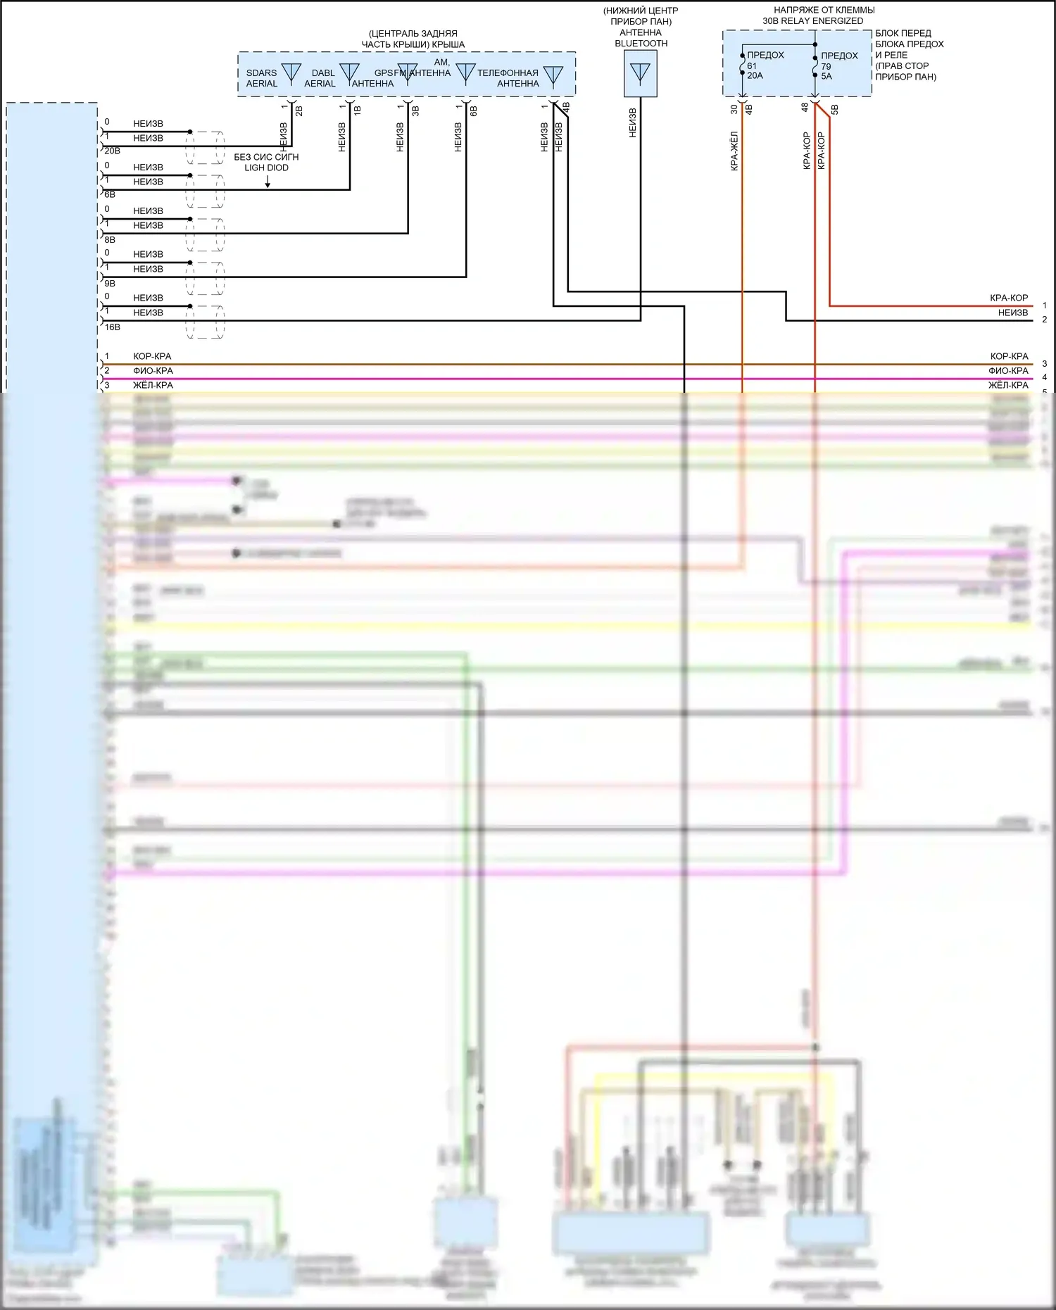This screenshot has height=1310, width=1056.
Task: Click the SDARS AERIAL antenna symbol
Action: [x=291, y=73]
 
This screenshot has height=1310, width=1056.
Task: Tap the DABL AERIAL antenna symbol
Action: [x=349, y=73]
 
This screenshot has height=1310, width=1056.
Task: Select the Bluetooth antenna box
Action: [x=640, y=74]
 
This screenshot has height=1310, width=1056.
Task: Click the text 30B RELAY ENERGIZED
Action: [x=812, y=21]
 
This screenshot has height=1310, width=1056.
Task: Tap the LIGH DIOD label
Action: [x=266, y=168]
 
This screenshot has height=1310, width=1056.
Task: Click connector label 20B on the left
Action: [x=112, y=151]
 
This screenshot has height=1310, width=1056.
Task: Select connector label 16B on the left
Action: [x=112, y=327]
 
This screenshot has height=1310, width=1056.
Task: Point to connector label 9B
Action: [x=110, y=284]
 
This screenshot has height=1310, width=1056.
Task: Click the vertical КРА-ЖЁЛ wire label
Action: [x=734, y=151]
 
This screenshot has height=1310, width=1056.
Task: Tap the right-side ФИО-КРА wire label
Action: [x=1008, y=371]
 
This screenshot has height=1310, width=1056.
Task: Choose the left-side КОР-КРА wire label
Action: [x=152, y=356]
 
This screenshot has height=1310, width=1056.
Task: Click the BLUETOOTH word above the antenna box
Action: [x=641, y=44]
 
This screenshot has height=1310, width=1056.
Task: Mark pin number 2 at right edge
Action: [x=1045, y=320]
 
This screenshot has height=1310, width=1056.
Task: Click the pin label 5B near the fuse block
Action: [x=835, y=110]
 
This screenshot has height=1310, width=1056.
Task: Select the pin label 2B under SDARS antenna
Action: [x=299, y=111]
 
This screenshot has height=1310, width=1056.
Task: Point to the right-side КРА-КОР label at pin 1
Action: [x=1009, y=298]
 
